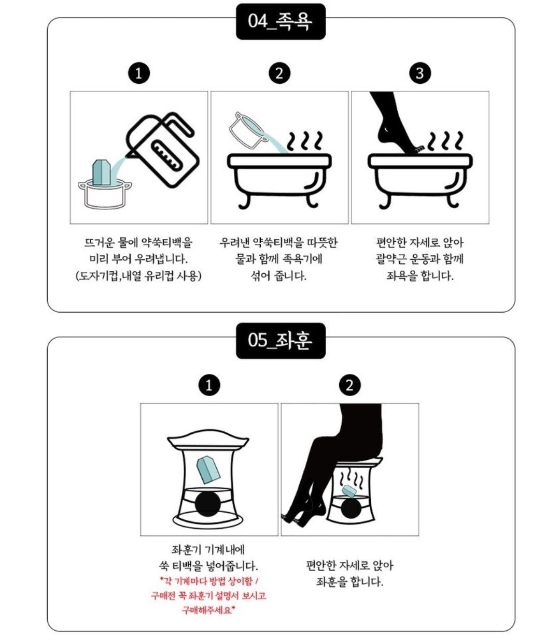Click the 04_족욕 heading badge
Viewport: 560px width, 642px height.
coord(281,21)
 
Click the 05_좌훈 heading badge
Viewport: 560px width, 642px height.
coord(281,340)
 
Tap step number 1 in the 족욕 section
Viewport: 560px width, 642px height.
coord(139,74)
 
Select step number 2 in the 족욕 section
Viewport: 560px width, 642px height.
coord(279,74)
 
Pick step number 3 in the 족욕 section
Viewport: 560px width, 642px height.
coord(420,74)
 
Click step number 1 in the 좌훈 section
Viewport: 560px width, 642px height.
coord(209,385)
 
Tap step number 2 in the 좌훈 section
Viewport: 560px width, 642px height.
coord(350,385)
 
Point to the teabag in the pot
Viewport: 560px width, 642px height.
coord(101,173)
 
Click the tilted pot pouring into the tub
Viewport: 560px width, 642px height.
coord(248,130)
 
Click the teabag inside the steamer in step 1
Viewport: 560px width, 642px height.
coord(207,469)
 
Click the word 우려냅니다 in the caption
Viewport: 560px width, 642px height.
coord(161,259)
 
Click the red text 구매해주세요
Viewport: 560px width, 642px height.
coord(208,610)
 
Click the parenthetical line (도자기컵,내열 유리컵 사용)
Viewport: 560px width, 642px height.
coord(138,276)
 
